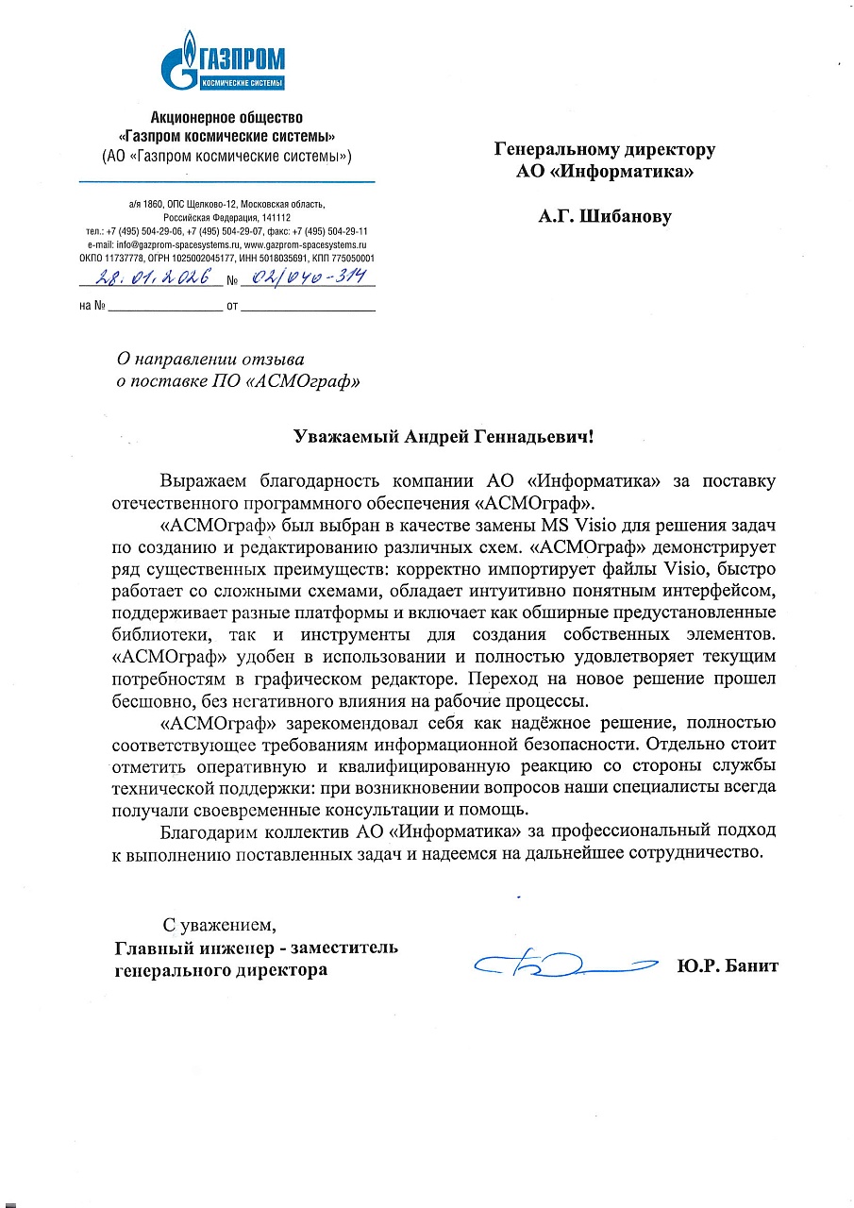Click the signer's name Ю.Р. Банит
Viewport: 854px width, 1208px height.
pyautogui.click(x=727, y=965)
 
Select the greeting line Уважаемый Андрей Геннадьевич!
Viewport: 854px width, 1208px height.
pyautogui.click(x=444, y=436)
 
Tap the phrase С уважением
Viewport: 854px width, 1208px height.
pyautogui.click(x=219, y=922)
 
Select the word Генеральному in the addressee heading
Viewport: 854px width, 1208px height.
pyautogui.click(x=552, y=149)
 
